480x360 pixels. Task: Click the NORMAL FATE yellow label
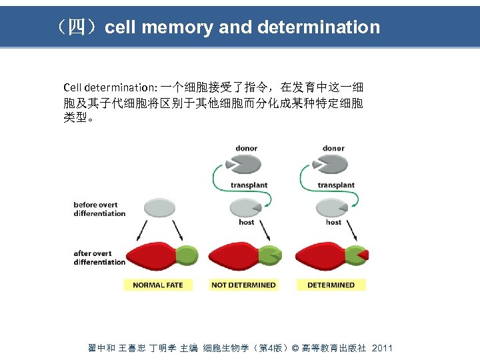(158, 285)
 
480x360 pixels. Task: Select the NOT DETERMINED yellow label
(243, 285)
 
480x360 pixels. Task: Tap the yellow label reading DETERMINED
(331, 285)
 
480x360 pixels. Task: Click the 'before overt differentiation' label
(99, 209)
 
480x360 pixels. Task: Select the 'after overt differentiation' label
(99, 257)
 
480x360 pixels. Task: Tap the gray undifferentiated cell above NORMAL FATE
(158, 208)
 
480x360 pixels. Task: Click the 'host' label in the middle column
(247, 223)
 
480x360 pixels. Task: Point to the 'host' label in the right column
(334, 223)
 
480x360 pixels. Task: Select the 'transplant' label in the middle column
(249, 185)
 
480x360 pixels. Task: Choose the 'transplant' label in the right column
(336, 185)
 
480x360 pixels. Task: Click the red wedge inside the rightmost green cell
(362, 255)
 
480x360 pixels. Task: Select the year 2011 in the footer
(382, 348)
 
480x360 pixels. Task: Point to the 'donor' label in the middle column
(247, 148)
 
